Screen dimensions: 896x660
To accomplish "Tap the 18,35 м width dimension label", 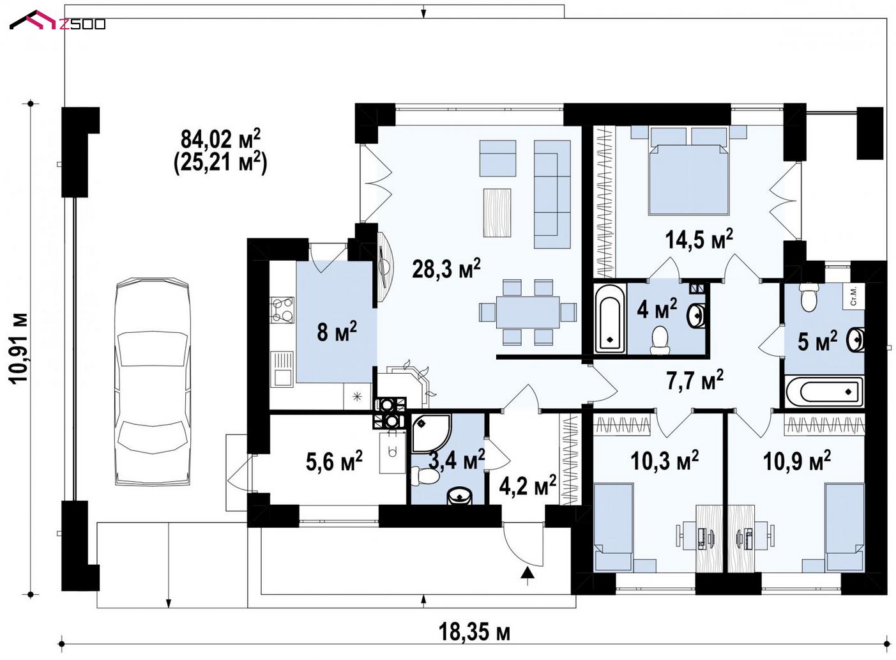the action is coord(475,633).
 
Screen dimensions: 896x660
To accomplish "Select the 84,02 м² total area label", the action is coord(220,139).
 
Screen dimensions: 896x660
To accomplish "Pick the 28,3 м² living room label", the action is coord(446,268).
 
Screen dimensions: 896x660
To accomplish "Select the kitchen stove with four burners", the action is coord(282,310).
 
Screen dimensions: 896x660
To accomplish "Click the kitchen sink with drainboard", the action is coord(282,369).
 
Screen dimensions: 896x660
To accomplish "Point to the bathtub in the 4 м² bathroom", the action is coord(610,319).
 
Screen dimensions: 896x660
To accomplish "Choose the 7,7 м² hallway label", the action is coord(695,380).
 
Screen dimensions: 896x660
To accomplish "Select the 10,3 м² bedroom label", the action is coord(665,460).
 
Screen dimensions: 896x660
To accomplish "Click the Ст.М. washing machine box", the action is coord(853,297).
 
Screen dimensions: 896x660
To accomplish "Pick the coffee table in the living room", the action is coord(497,213).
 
